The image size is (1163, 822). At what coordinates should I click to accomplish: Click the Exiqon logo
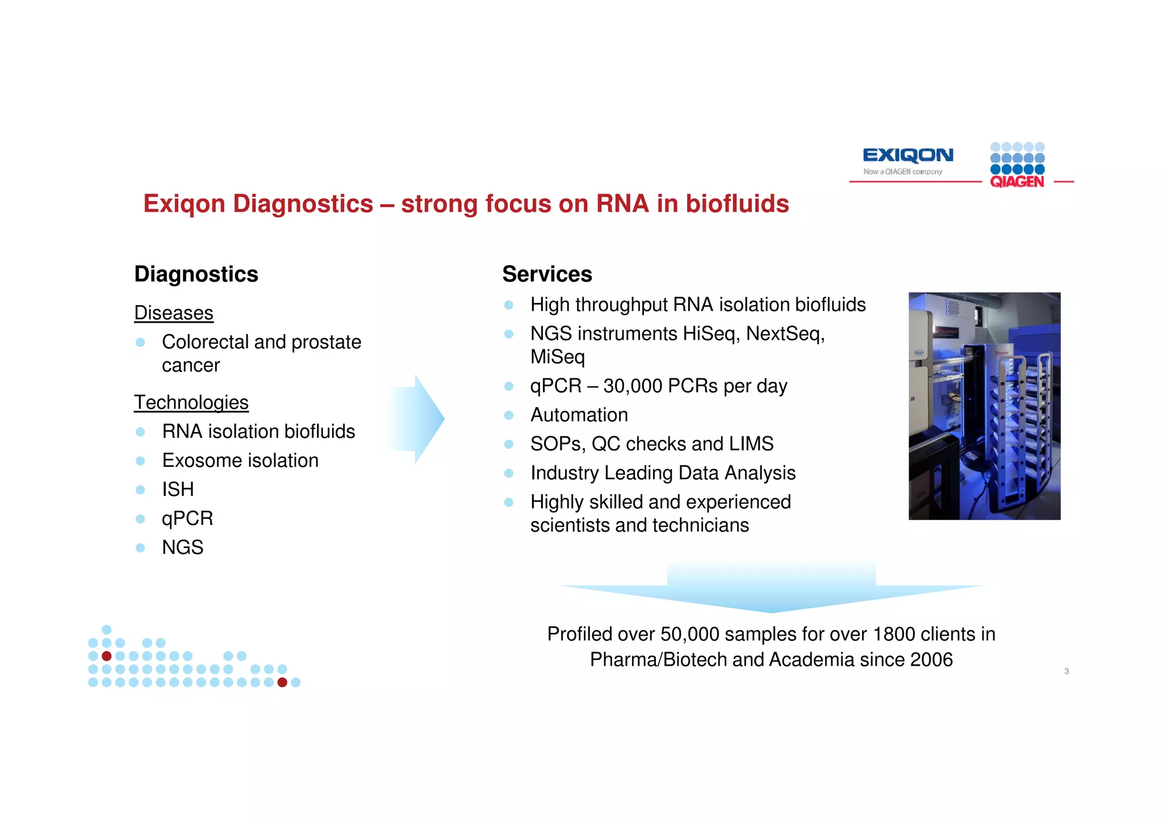tap(907, 155)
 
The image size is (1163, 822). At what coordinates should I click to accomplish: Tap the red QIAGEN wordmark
tap(1016, 182)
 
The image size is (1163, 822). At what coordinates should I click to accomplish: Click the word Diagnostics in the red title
tap(303, 204)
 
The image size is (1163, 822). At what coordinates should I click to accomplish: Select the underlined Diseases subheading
tap(174, 313)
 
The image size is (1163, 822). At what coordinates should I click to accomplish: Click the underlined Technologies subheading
tap(191, 402)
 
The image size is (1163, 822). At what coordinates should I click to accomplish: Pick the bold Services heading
tap(547, 274)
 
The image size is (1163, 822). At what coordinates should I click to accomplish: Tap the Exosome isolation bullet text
tap(240, 460)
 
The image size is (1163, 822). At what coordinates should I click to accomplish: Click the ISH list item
tap(178, 489)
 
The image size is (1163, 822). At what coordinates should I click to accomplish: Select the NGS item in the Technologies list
tap(182, 547)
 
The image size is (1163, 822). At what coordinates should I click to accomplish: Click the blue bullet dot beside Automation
tap(509, 415)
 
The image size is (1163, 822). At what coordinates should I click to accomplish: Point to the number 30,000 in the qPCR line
tap(633, 386)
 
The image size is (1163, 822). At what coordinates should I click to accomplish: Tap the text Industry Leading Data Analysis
tap(663, 473)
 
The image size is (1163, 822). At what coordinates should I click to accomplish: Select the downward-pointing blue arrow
tap(771, 588)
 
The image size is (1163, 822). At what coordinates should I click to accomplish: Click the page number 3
tap(1066, 671)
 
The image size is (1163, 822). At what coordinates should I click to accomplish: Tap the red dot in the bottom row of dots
tap(282, 682)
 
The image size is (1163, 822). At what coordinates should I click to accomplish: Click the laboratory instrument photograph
tap(984, 406)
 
